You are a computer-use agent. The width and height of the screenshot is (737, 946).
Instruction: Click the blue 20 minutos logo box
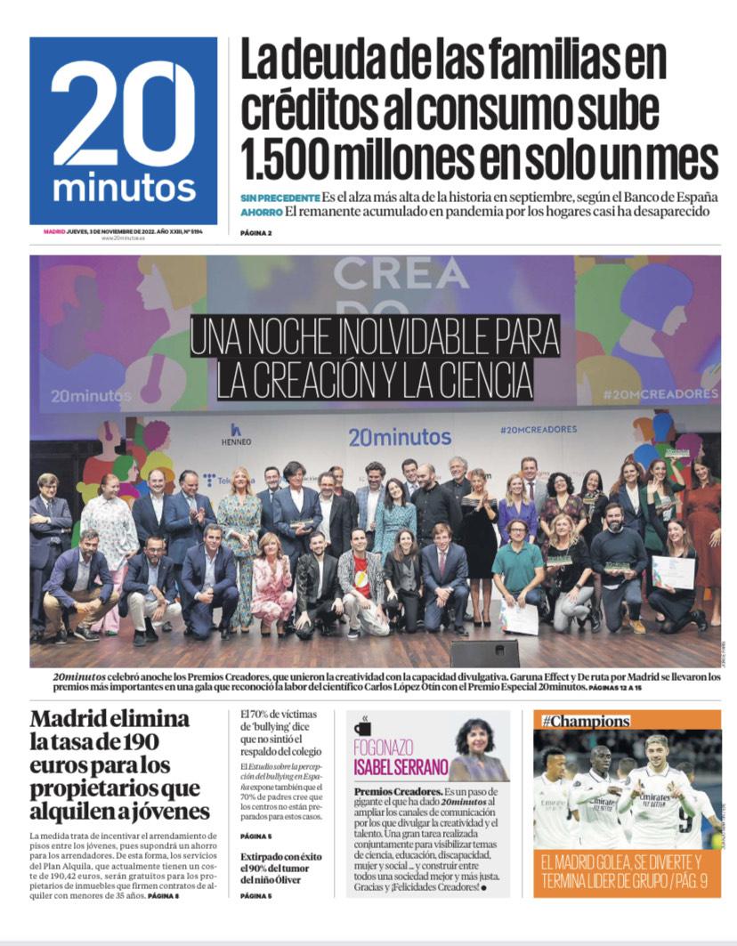tap(123, 130)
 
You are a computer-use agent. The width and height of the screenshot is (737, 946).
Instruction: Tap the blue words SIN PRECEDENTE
tap(279, 197)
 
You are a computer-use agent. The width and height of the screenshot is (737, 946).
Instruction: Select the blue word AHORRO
tap(262, 212)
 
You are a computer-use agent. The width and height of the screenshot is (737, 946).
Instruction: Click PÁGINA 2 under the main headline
tap(255, 233)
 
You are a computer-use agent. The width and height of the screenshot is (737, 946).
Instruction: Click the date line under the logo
tap(123, 231)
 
